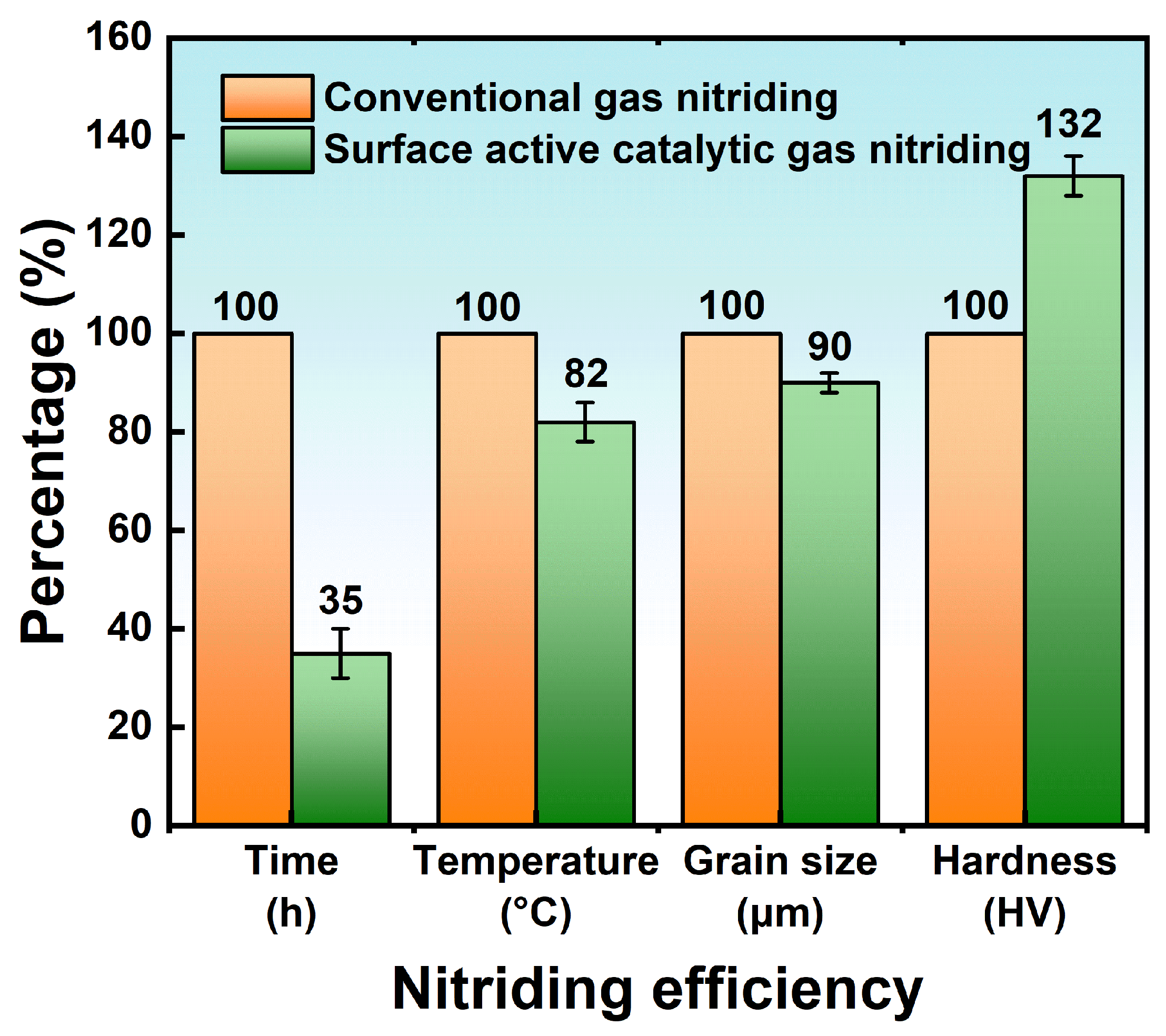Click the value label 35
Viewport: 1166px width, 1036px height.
[341, 600]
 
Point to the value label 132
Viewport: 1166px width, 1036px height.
[1068, 124]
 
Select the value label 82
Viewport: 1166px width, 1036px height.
[586, 374]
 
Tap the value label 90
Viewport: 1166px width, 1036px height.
[830, 346]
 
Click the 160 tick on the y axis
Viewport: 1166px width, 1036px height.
[118, 38]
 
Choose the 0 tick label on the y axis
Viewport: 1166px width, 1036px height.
[141, 824]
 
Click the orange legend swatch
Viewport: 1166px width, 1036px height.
[267, 97]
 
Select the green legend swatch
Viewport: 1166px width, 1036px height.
[267, 150]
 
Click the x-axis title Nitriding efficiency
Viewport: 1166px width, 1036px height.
[657, 990]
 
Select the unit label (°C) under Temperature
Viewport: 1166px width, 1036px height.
[536, 914]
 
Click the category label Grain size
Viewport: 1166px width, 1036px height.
[780, 861]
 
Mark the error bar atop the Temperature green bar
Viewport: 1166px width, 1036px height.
[585, 422]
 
